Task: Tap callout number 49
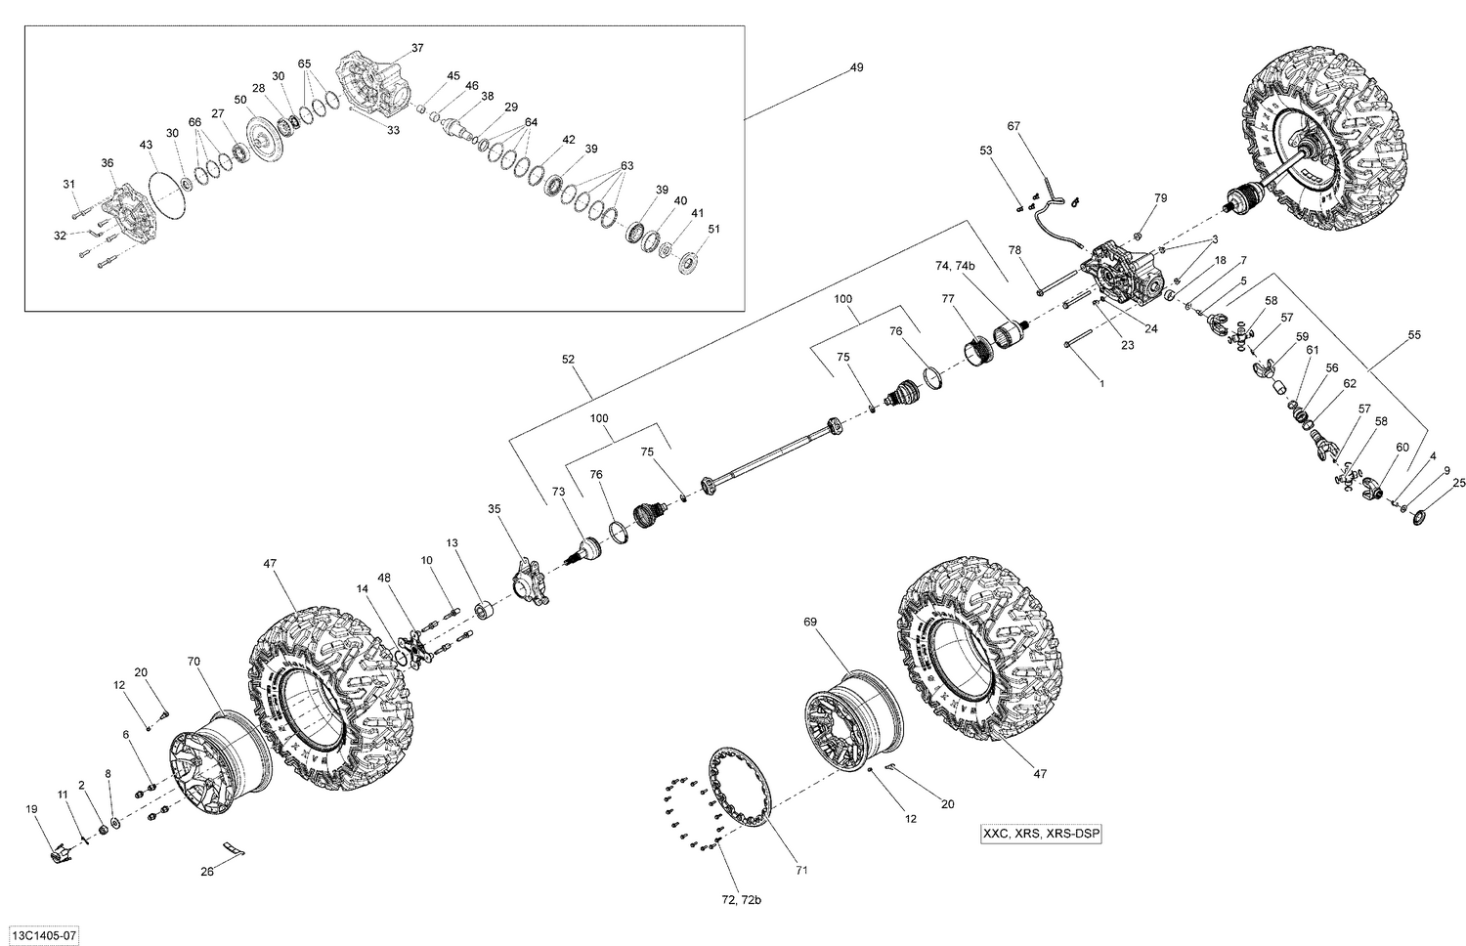click(x=856, y=67)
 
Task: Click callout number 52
click(x=570, y=359)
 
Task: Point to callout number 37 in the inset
click(x=417, y=48)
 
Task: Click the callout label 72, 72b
click(x=740, y=926)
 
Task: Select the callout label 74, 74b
click(x=955, y=266)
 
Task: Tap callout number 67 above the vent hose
click(x=1013, y=126)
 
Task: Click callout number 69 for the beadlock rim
click(x=809, y=622)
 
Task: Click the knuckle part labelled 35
click(x=531, y=575)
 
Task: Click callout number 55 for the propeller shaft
click(x=1413, y=335)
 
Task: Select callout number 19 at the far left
click(x=31, y=808)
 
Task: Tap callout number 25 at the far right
click(x=1459, y=483)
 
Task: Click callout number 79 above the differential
click(x=1160, y=198)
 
